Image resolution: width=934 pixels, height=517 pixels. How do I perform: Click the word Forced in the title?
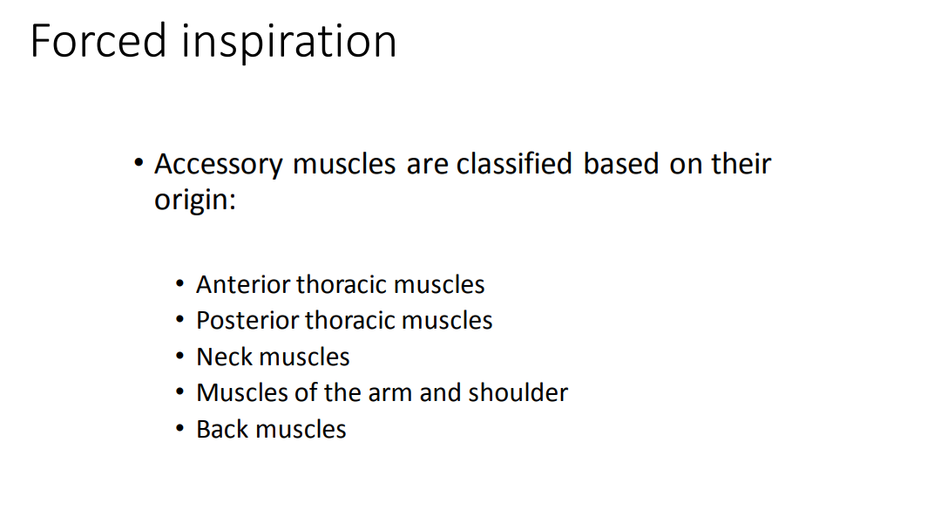(98, 41)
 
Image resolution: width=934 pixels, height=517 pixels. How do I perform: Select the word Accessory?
(219, 164)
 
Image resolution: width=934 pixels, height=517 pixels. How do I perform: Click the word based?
(621, 164)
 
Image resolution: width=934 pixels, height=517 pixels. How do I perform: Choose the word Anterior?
(244, 284)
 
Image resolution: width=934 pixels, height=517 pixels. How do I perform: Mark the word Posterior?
(248, 321)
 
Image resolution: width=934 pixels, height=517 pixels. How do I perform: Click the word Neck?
(225, 357)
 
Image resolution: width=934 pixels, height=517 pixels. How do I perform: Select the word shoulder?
(518, 392)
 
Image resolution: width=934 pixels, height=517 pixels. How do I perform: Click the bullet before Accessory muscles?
(138, 163)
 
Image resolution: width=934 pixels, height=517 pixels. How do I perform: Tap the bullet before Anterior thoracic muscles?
(179, 285)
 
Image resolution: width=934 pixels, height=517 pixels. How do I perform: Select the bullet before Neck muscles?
(179, 357)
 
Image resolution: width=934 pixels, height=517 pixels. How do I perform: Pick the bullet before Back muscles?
(179, 430)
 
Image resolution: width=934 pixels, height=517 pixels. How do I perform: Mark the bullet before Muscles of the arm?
(179, 393)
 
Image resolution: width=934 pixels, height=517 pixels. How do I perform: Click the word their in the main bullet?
(741, 164)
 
